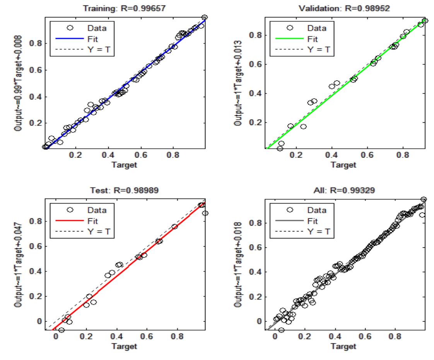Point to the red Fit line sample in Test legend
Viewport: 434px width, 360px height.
pos(70,222)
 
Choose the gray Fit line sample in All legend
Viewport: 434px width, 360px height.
pos(290,222)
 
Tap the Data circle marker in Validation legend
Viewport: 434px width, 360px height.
pos(290,28)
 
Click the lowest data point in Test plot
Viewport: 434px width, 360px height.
pos(61,330)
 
